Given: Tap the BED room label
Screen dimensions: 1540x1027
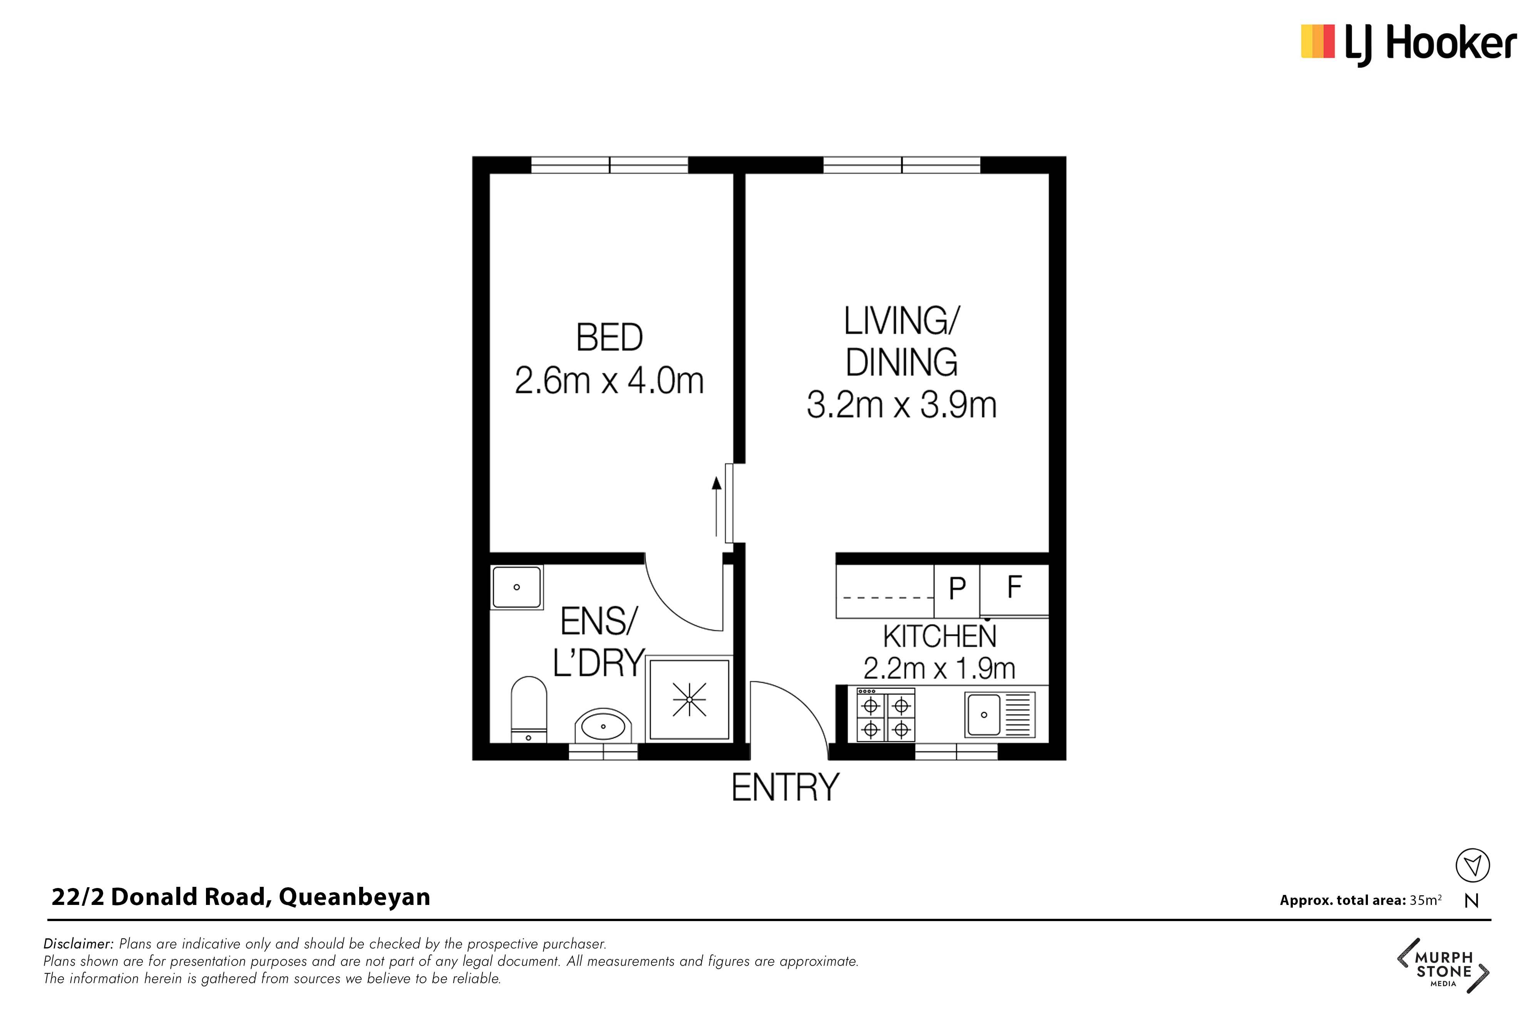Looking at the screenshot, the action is tap(609, 338).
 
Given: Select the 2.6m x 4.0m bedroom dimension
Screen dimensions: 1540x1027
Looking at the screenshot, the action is tap(609, 381).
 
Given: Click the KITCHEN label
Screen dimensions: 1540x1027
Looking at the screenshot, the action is tap(939, 637).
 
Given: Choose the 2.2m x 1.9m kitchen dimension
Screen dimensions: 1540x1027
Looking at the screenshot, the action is tap(939, 669).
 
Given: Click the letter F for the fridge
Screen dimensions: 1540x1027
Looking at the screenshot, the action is tap(1014, 587).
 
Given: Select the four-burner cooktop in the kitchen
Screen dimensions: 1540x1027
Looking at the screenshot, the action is tap(886, 715).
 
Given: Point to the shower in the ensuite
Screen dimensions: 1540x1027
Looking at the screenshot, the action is tap(690, 700).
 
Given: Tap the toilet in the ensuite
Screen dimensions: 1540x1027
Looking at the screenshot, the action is tap(528, 710).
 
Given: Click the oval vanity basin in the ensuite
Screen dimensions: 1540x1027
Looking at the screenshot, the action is tap(603, 726).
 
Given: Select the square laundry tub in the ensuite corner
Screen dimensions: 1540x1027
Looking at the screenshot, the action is tap(517, 588).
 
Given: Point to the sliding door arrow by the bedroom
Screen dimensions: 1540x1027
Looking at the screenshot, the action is tap(717, 507).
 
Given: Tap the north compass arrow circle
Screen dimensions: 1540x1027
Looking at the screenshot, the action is tap(1473, 865).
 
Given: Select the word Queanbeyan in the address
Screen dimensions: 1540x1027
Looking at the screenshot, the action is tap(355, 897).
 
